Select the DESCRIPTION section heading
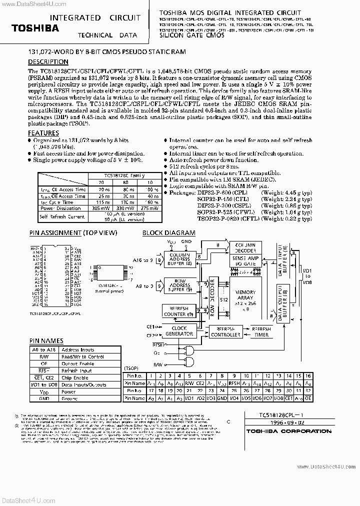[48, 62]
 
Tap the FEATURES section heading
[43, 133]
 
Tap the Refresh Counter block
[179, 311]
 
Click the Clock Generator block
[179, 330]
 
